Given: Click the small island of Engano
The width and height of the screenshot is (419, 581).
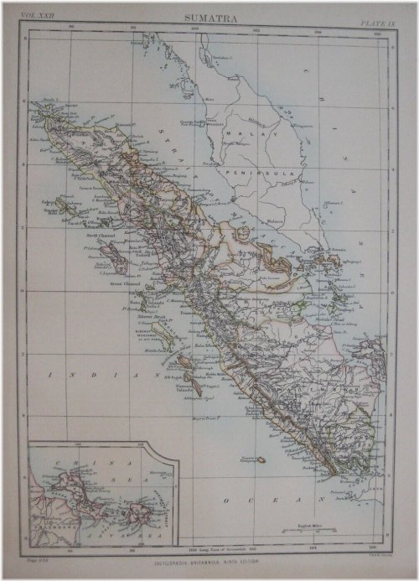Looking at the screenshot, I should click(261, 459).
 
